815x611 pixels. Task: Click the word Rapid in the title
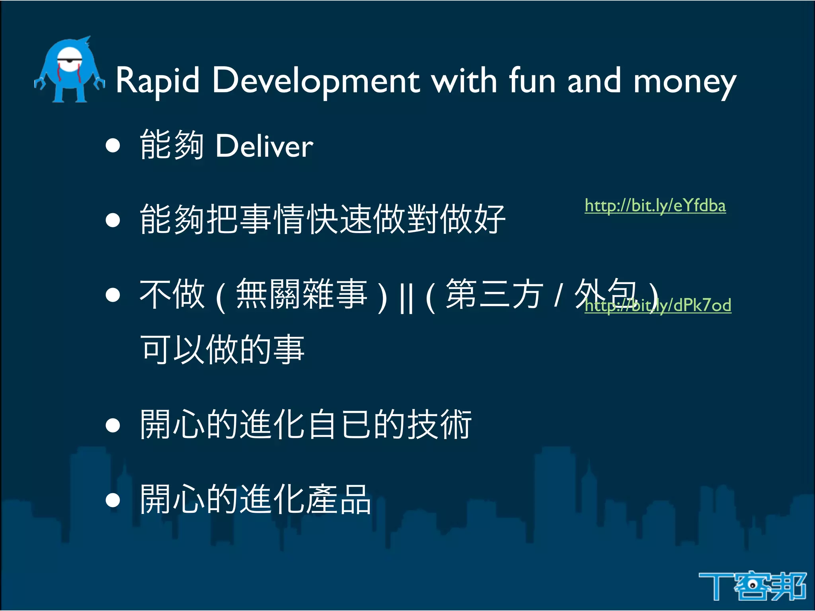157,81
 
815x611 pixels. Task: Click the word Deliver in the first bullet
264,146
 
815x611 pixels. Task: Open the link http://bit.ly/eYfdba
655,206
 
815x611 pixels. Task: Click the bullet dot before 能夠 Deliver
113,146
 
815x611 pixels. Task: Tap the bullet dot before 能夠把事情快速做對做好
113,220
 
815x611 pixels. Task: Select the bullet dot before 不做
113,295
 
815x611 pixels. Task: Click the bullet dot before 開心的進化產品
113,500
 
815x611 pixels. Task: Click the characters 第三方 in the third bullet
494,294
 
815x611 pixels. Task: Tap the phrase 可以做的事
222,350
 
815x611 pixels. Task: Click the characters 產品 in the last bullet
338,500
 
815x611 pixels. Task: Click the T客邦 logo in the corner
752,585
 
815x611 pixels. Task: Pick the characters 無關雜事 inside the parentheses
301,294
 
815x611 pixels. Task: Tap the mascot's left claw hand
40,84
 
